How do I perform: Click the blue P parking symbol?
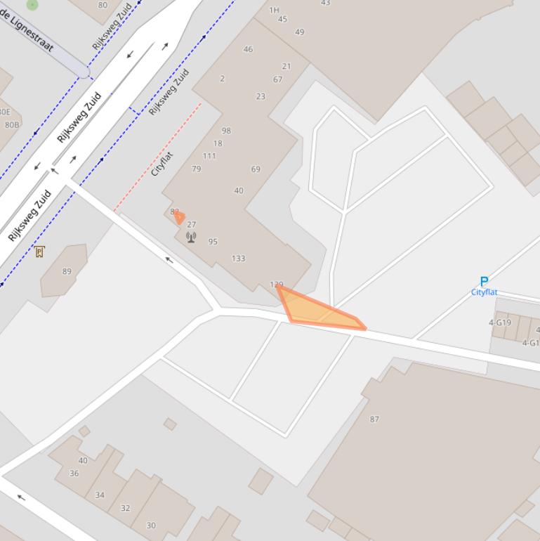point(484,282)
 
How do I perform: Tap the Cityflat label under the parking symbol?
point(484,292)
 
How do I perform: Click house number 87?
point(374,419)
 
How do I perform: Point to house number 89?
point(67,271)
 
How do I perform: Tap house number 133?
point(239,259)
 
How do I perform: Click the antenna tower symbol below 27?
point(191,237)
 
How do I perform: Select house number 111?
point(209,156)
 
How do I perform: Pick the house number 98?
point(226,131)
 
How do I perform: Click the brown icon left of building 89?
point(39,252)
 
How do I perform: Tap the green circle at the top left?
point(32,5)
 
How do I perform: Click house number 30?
point(151,525)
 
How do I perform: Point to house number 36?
point(74,474)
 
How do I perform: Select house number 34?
point(100,495)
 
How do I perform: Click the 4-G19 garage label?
point(500,323)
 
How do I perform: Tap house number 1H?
point(274,11)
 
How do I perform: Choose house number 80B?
point(12,125)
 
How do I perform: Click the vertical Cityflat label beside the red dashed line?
point(162,164)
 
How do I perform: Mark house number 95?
point(213,242)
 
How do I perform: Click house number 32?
point(125,508)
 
